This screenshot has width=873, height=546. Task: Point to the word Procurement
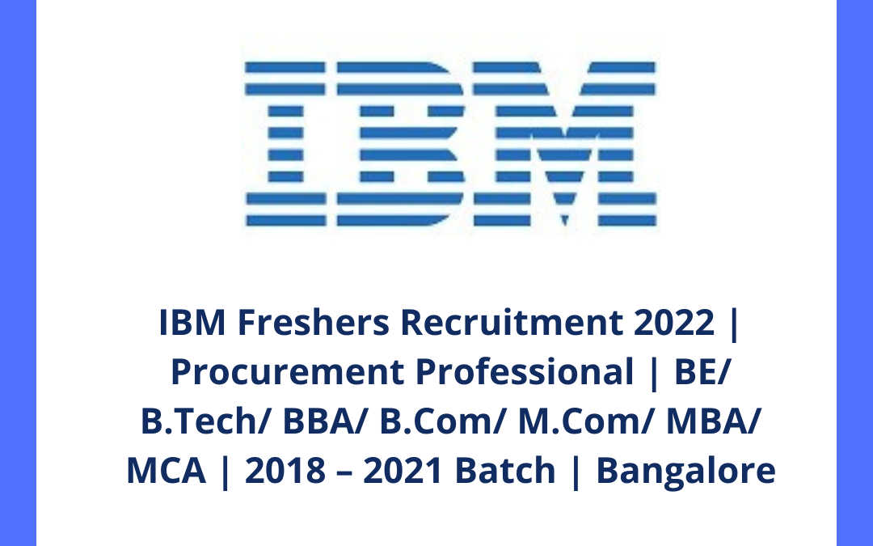[x=288, y=373]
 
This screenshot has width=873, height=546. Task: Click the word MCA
[x=167, y=471]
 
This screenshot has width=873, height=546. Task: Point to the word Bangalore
[x=685, y=471]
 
